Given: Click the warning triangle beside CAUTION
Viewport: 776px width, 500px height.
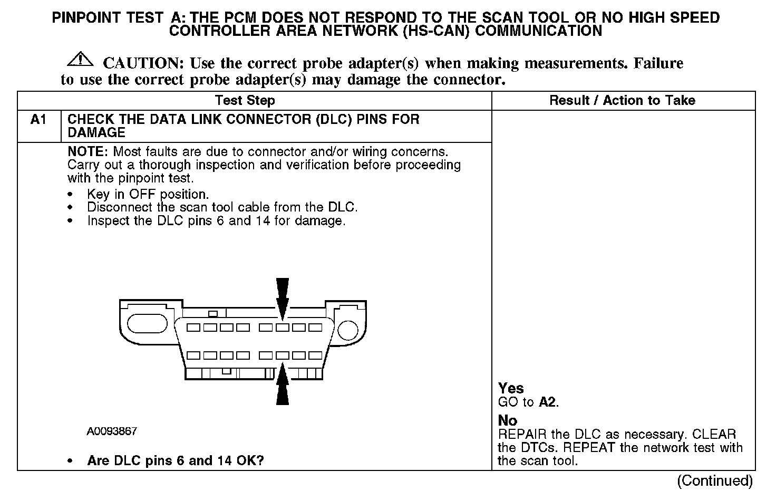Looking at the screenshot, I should click(80, 59).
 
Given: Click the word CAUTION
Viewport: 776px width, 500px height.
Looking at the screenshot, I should click(142, 63).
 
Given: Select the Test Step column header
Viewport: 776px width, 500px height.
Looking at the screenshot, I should click(245, 100).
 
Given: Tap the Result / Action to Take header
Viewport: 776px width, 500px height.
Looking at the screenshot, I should click(622, 100).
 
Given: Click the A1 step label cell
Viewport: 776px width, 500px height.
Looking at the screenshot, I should click(39, 120).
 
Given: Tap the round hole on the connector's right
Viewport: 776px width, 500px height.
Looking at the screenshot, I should click(347, 330).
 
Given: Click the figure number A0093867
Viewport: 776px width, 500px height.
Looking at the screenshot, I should click(112, 431).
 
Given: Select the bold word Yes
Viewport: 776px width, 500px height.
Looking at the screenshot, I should click(510, 389).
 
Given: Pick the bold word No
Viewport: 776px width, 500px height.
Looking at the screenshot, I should click(507, 420).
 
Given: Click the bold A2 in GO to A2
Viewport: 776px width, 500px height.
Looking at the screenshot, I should click(547, 402).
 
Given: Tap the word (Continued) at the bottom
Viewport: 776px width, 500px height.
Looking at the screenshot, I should click(715, 480).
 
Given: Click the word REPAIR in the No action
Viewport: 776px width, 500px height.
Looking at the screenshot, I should click(522, 435).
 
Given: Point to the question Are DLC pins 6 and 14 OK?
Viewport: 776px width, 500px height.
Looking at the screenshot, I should click(175, 460).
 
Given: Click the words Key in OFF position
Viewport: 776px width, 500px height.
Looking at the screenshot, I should click(148, 194).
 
